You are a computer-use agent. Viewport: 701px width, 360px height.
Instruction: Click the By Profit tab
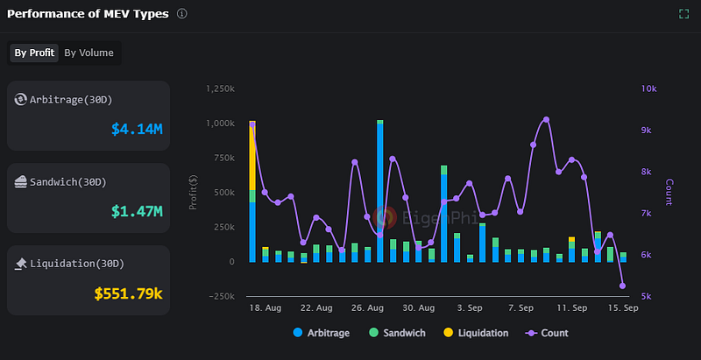[x=34, y=53]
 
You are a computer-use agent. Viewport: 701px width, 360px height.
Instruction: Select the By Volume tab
[x=89, y=53]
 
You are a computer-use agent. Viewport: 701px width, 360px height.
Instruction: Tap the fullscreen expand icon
[x=683, y=14]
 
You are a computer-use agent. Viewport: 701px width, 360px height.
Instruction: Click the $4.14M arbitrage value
[x=137, y=130]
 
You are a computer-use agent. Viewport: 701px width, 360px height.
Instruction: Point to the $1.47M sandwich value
[x=137, y=211]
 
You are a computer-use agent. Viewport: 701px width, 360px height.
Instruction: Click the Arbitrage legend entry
[x=323, y=333]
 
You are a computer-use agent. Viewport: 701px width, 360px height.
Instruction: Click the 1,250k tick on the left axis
[x=219, y=89]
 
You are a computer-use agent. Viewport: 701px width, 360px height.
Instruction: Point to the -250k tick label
[x=219, y=296]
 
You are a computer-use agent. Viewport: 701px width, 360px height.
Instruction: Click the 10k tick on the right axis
[x=649, y=89]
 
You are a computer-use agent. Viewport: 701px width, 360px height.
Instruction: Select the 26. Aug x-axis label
[x=368, y=308]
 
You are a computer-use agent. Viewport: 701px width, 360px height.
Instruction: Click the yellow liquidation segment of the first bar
[x=252, y=158]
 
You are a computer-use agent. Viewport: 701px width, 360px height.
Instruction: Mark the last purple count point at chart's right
[x=623, y=286]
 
